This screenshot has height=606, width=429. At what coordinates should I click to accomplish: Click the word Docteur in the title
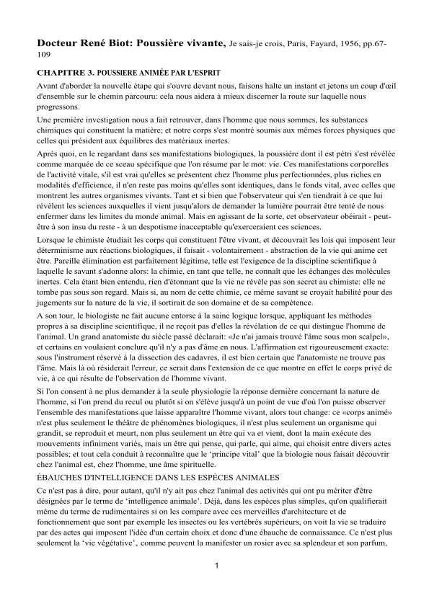pyautogui.click(x=59, y=44)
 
